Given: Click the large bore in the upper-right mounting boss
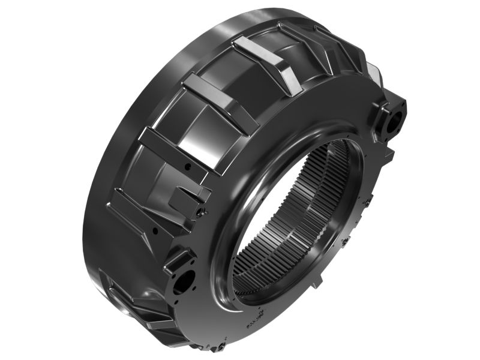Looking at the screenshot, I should click(396, 120).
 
